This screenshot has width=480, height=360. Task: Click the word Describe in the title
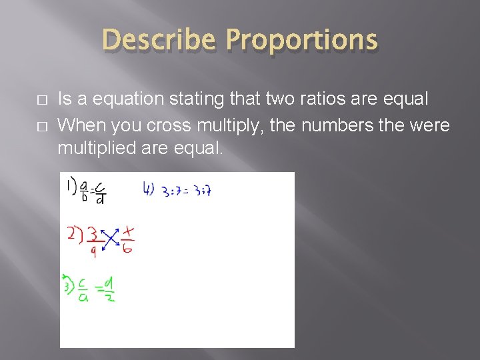pyautogui.click(x=158, y=41)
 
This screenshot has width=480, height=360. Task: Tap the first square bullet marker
pyautogui.click(x=41, y=99)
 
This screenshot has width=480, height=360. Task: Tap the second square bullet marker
pyautogui.click(x=41, y=126)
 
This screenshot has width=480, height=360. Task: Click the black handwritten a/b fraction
pyautogui.click(x=83, y=190)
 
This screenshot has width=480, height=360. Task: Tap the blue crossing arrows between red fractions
pyautogui.click(x=110, y=239)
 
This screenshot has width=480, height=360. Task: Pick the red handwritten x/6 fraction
pyautogui.click(x=128, y=239)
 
